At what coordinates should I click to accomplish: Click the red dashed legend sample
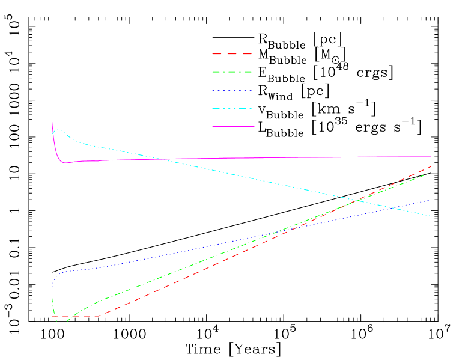(x=232, y=54)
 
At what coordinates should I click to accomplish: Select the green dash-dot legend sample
(x=232, y=72)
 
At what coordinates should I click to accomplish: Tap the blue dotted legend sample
(x=232, y=91)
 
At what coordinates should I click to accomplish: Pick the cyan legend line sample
(x=232, y=109)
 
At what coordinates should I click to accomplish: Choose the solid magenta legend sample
(x=233, y=127)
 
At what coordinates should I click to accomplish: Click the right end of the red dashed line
(x=431, y=166)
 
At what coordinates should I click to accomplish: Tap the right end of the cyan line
(x=431, y=216)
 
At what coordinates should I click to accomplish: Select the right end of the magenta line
(x=431, y=156)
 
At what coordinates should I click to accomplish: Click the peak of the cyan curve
(x=58, y=129)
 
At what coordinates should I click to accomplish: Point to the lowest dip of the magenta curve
(x=64, y=163)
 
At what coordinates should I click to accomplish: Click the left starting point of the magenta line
(x=52, y=121)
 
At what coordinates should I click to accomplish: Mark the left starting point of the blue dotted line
(x=52, y=286)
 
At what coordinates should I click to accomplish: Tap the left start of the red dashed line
(x=53, y=316)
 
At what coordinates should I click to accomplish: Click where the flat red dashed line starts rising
(x=98, y=316)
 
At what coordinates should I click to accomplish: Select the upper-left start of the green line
(x=52, y=297)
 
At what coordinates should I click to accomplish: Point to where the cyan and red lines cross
(x=359, y=200)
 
